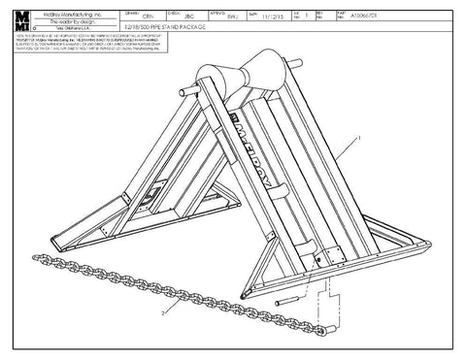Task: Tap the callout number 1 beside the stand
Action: click(357, 140)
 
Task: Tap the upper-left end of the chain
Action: click(36, 259)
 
